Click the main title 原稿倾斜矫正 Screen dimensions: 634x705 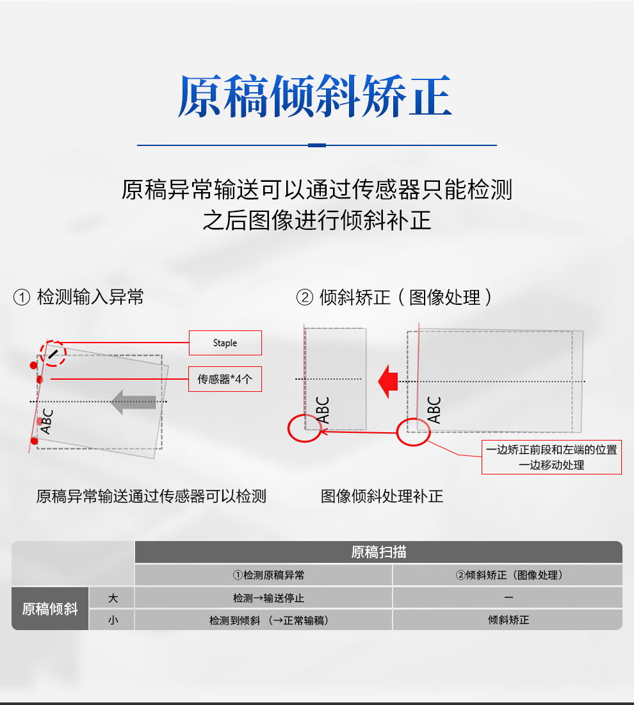[314, 96]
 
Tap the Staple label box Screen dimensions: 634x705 [225, 343]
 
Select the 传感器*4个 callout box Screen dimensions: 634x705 [225, 379]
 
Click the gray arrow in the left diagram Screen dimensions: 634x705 [134, 402]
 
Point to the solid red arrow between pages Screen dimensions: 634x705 [388, 382]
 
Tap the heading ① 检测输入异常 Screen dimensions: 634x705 [78, 297]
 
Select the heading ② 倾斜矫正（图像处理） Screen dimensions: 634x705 [394, 297]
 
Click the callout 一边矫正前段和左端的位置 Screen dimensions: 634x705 [551, 450]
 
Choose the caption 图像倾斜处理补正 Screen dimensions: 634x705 [382, 496]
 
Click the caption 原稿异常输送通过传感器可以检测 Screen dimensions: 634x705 [151, 496]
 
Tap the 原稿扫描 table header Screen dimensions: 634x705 [378, 552]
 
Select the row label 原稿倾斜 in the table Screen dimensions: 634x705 [50, 609]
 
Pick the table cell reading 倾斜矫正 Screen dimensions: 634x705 [508, 620]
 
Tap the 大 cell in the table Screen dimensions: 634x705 [112, 598]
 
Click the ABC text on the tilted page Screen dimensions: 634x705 [47, 421]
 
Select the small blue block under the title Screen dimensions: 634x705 [316, 145]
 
